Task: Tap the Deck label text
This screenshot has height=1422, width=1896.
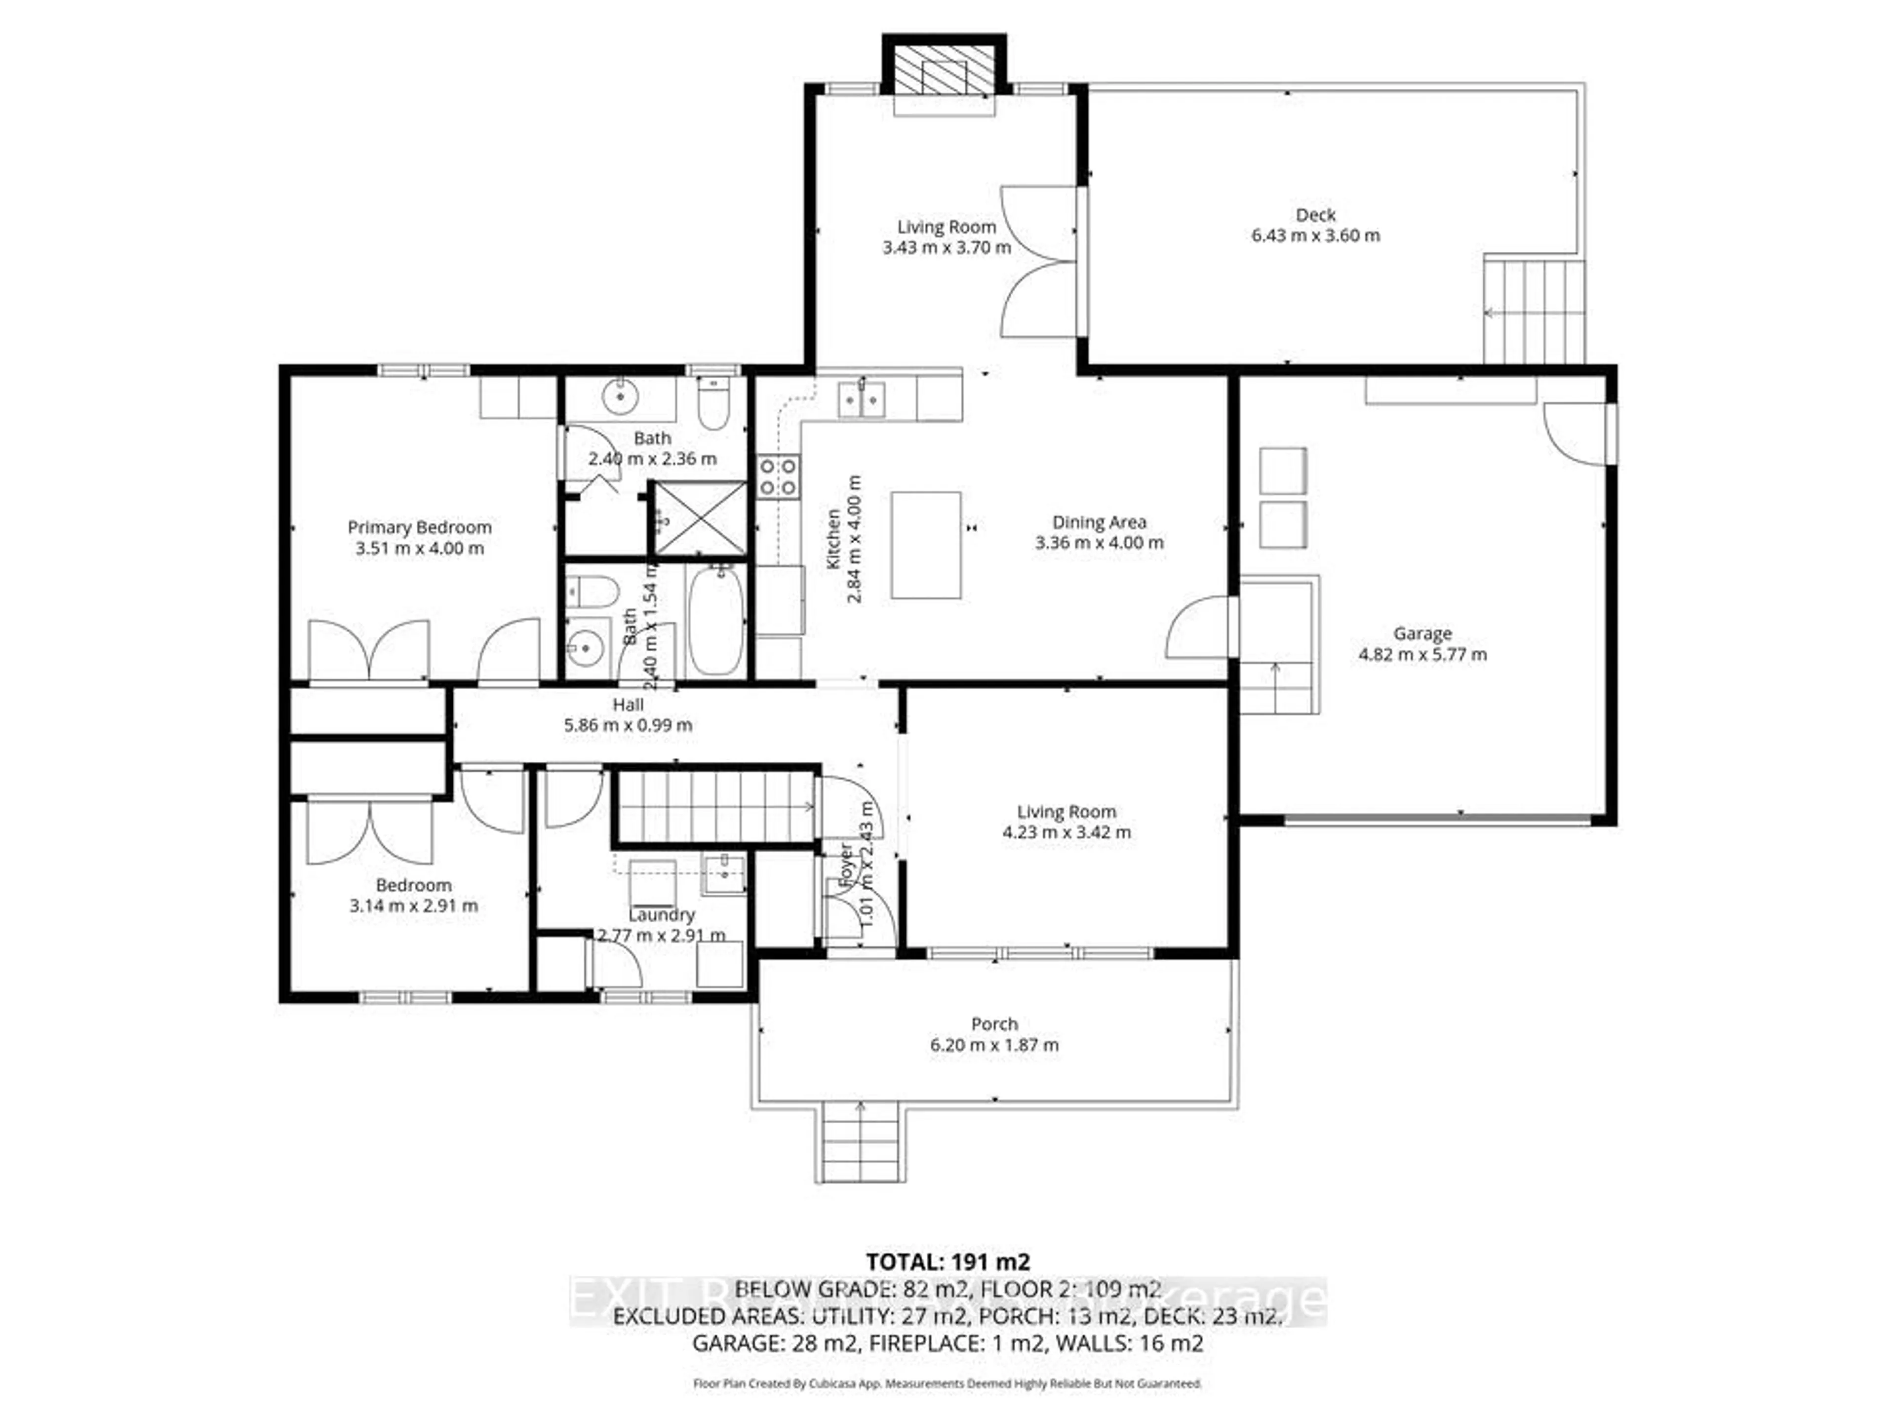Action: (1315, 215)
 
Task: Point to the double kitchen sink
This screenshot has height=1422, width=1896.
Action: (861, 398)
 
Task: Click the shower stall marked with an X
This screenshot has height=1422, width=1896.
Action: (700, 518)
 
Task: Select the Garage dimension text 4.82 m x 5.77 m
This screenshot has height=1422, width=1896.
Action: (1422, 655)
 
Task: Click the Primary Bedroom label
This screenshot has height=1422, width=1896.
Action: (419, 527)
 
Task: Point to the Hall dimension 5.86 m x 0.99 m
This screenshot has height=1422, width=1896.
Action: (628, 725)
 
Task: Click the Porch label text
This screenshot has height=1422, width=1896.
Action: (994, 1025)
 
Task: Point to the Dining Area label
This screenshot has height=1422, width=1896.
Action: (1099, 522)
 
